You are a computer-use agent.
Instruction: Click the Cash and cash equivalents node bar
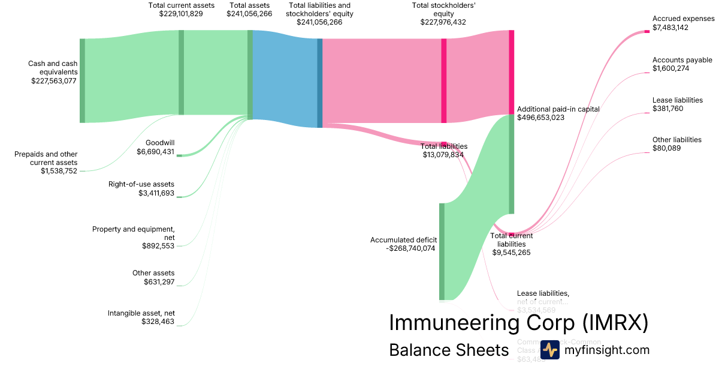[82, 80]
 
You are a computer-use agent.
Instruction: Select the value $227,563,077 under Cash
[54, 80]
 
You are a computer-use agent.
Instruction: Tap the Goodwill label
[160, 143]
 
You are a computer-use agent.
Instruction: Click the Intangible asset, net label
[141, 313]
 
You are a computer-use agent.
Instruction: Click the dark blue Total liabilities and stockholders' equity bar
[320, 83]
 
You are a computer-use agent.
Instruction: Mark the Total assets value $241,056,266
[249, 14]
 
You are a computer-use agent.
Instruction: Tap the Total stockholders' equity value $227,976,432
[443, 22]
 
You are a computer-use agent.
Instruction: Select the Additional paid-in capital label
[558, 109]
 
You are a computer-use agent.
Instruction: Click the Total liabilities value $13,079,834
[443, 155]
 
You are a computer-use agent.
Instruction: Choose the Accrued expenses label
[684, 19]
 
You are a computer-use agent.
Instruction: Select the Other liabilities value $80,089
[667, 148]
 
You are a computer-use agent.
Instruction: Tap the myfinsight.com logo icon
[550, 350]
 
